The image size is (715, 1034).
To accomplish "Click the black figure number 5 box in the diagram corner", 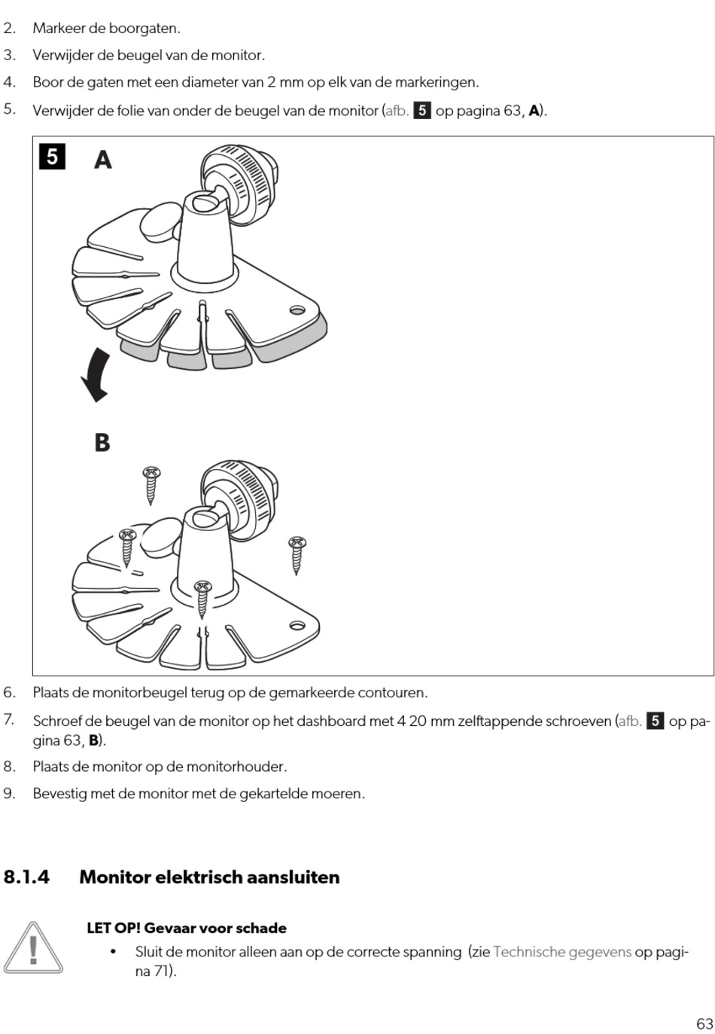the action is [x=52, y=157].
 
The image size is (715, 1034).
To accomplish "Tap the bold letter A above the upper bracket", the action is [x=103, y=160].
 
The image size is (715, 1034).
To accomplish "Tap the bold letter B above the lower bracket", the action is [x=102, y=442].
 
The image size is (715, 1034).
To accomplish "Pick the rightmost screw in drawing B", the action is [x=297, y=555].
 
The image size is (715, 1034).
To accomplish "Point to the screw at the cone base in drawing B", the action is [x=202, y=599].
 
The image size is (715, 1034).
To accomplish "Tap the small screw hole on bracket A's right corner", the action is [x=297, y=310].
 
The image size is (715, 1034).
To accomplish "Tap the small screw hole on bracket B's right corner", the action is [x=297, y=626].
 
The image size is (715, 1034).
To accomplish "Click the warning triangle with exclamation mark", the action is [x=33, y=948].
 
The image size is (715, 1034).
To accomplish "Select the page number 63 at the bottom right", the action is [x=704, y=1023].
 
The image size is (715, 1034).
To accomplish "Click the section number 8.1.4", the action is [x=27, y=877].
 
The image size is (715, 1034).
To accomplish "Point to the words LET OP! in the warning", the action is [x=114, y=928].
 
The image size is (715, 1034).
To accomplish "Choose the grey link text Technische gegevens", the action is [x=562, y=952].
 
